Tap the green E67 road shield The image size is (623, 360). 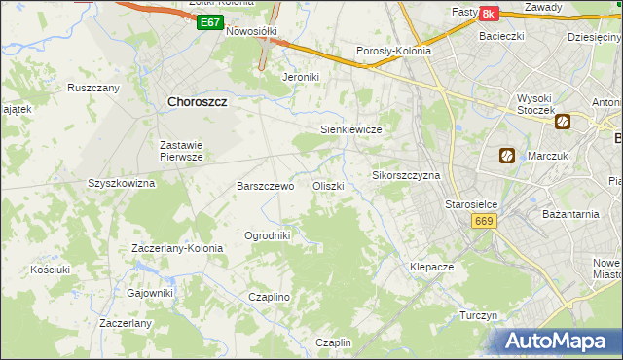[x=208, y=22]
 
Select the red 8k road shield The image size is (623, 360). [x=488, y=14]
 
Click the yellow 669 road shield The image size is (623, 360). [x=484, y=222]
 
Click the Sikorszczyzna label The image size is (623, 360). [x=407, y=176]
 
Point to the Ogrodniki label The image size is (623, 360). [x=268, y=235]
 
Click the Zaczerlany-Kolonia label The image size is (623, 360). [x=177, y=248]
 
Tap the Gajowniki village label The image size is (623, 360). [x=150, y=293]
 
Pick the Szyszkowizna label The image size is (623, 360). [x=122, y=183]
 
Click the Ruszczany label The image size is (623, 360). [x=93, y=88]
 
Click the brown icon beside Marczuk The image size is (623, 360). [x=506, y=155]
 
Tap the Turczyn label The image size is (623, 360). [x=479, y=316]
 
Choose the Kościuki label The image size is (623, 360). [x=50, y=269]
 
